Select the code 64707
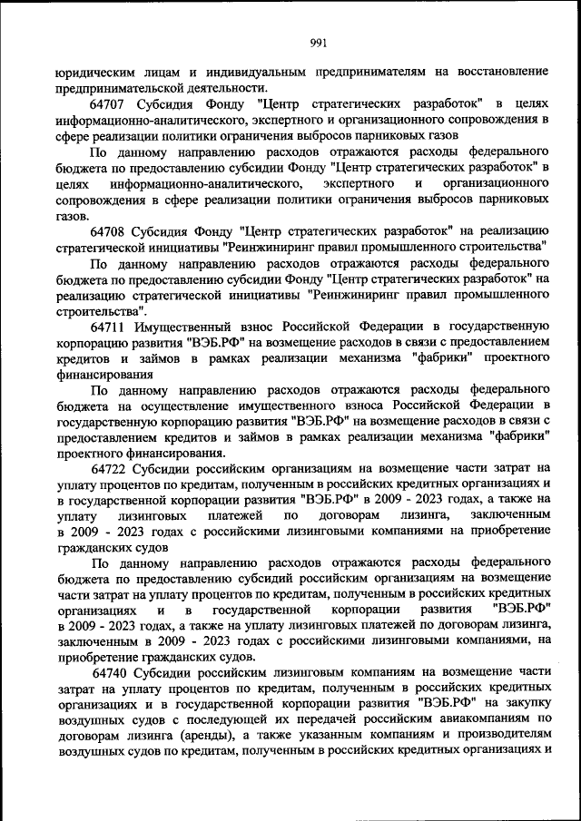coord(111,103)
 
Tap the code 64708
coord(111,230)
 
